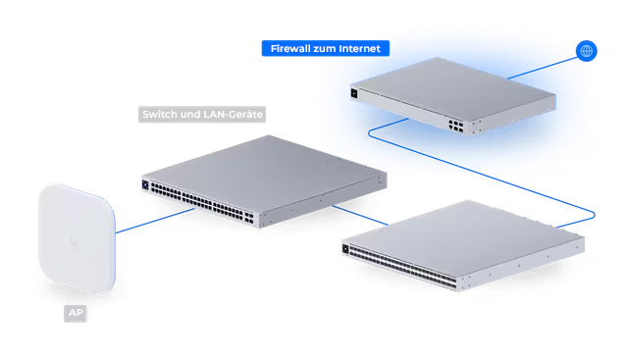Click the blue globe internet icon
coord(586,51)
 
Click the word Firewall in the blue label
coord(290,48)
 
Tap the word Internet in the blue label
coord(359,48)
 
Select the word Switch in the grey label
coord(160,114)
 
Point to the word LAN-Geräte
coord(234,114)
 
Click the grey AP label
coord(76,313)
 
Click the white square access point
coord(77,238)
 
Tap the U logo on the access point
coord(74,240)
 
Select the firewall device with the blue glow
coord(452,96)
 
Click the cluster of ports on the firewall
coord(455,125)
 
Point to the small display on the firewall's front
coord(354,93)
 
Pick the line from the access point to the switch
coord(155,221)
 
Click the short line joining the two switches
coord(360,216)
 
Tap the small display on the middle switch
coord(145,185)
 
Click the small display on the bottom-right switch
coord(345,249)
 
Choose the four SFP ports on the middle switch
coord(249,218)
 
